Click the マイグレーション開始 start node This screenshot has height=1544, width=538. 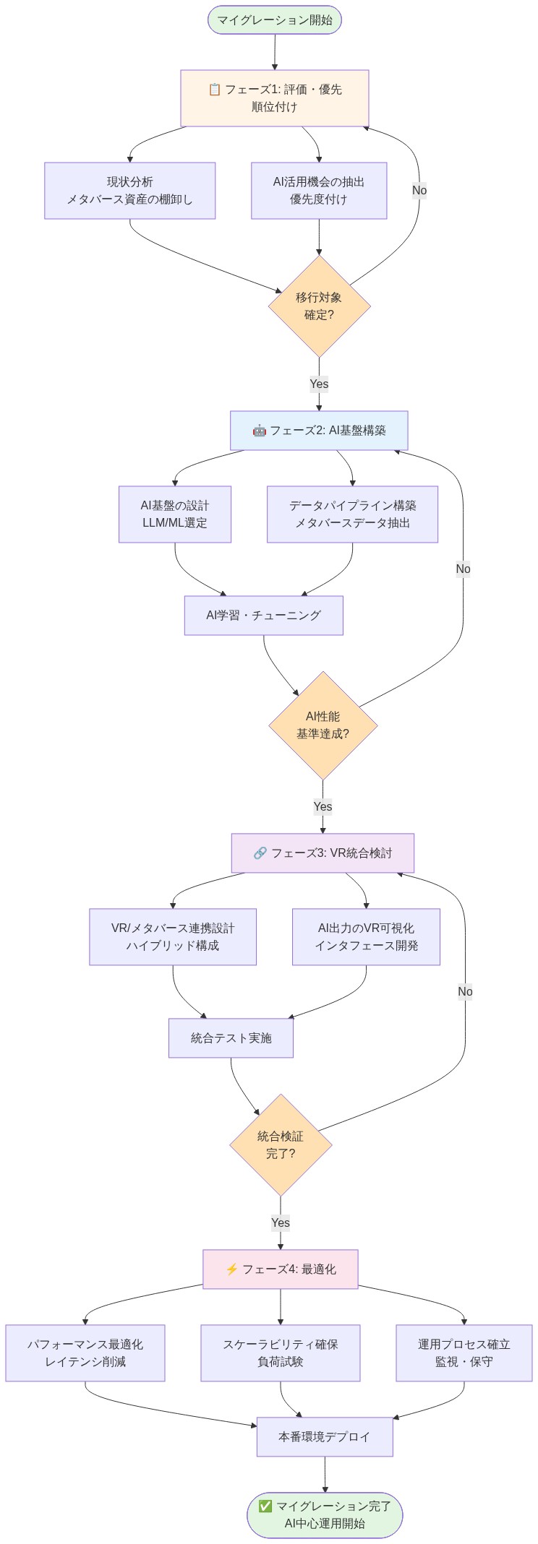(275, 20)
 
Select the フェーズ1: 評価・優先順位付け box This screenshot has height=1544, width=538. (275, 98)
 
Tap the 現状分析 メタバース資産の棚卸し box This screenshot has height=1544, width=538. (130, 191)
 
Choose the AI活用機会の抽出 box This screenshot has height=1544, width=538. (319, 191)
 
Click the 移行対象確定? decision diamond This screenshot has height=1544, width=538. (319, 306)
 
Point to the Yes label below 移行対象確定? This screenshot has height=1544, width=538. (319, 384)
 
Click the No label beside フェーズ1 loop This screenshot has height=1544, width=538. (419, 190)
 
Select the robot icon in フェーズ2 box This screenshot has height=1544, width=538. (259, 431)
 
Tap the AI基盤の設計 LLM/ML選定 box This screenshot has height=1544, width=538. (175, 514)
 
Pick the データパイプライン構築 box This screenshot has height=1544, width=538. (352, 514)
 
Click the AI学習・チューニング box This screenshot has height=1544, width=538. (263, 616)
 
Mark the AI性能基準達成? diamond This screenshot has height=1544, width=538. (323, 725)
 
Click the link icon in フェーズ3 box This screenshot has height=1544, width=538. (260, 853)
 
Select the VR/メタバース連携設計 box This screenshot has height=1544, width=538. (173, 937)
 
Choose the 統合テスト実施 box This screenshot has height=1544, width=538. (231, 1038)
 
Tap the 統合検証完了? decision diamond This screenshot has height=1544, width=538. (281, 1145)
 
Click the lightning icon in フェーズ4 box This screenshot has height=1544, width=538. (231, 1269)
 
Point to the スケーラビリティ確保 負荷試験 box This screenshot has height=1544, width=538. (281, 1353)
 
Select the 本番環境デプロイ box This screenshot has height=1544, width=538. (325, 1437)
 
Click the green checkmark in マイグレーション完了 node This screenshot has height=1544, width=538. (265, 1506)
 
